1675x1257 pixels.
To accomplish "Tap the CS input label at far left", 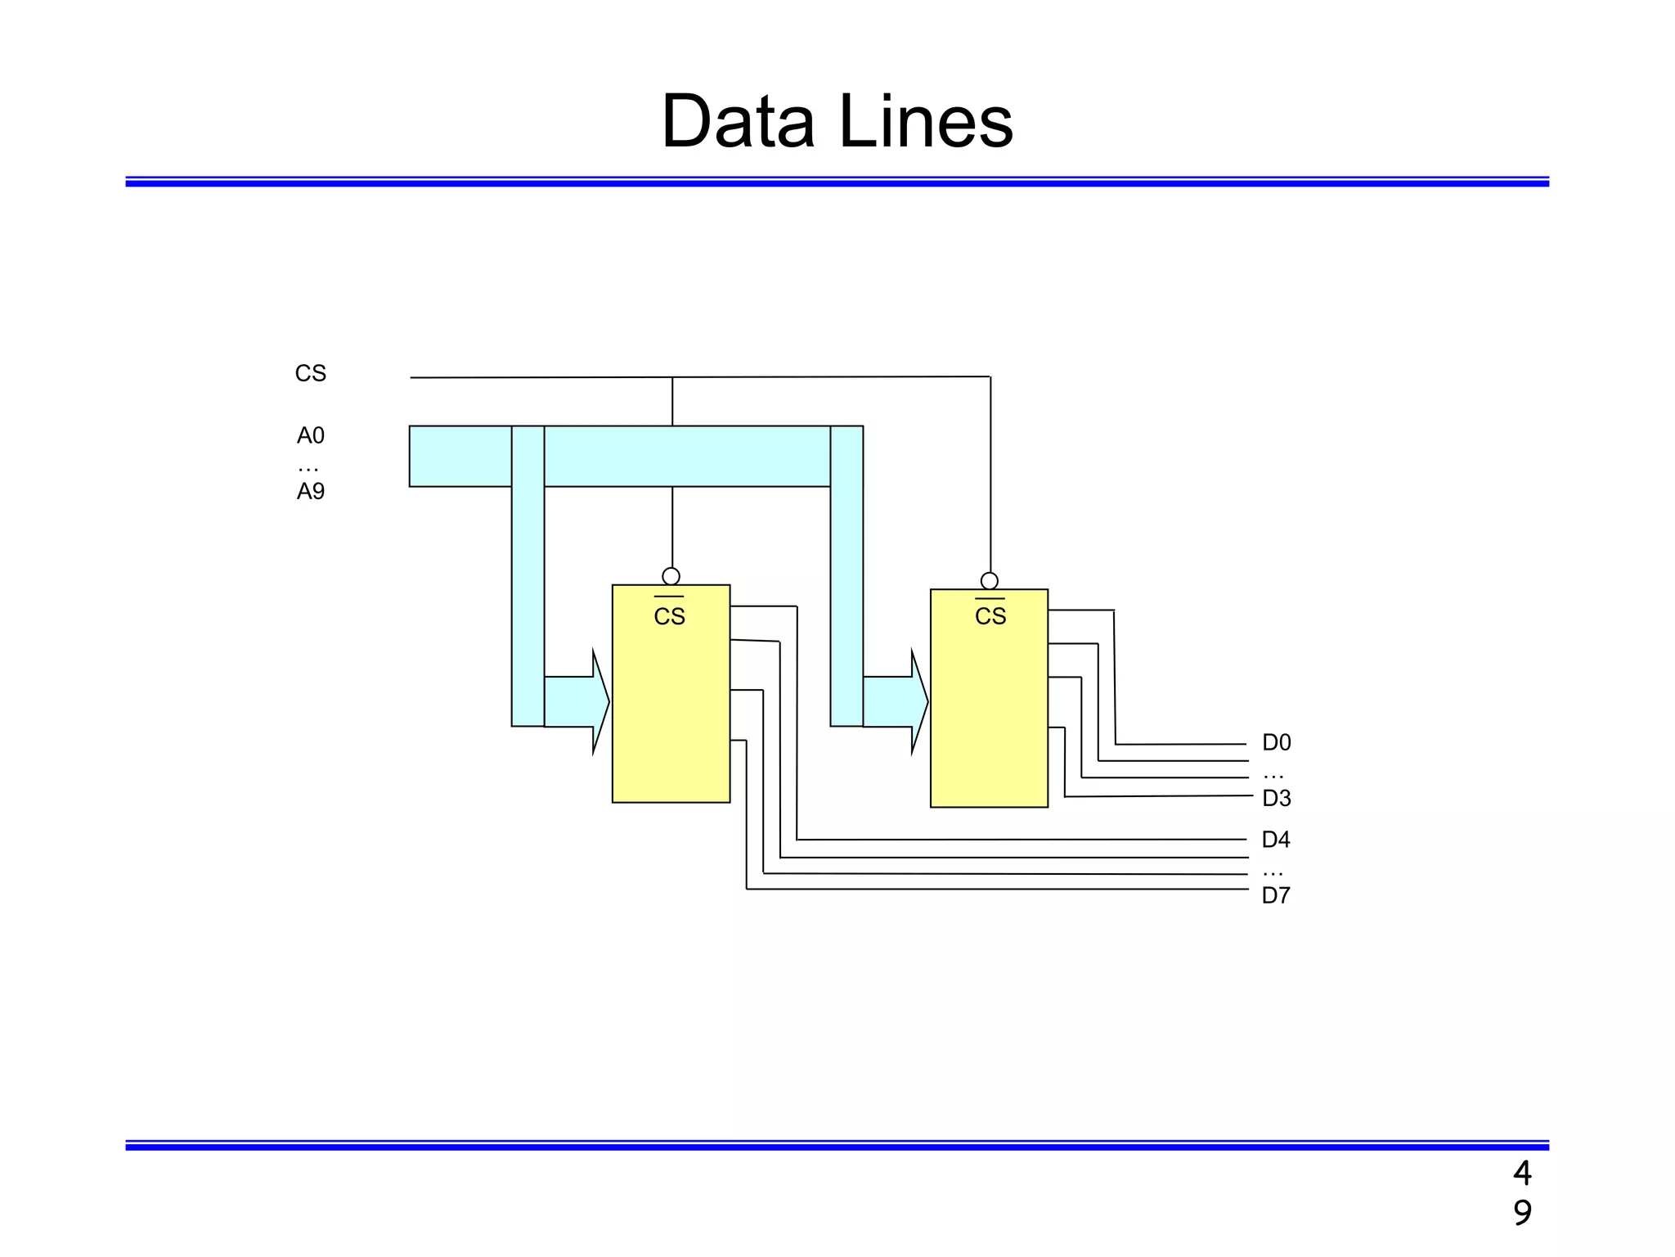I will tap(310, 374).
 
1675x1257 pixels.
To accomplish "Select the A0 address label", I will tap(310, 435).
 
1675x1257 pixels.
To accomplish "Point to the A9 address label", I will tap(310, 492).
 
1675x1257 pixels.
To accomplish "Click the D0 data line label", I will tap(1276, 743).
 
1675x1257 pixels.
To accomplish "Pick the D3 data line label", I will tap(1276, 798).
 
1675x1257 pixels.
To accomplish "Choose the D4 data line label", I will tap(1275, 840).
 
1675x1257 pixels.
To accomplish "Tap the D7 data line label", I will tap(1275, 895).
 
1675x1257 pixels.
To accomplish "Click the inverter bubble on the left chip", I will tap(671, 576).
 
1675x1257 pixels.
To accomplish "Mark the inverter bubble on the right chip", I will tap(989, 581).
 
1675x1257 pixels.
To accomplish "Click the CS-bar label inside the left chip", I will tap(669, 616).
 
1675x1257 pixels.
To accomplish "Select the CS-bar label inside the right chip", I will tap(990, 616).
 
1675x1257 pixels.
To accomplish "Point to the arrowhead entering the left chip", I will tap(600, 701).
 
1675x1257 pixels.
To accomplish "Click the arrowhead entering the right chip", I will tap(919, 701).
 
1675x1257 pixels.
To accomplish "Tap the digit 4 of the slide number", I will tap(1521, 1174).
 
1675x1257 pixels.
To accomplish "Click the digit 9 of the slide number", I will tap(1521, 1212).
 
